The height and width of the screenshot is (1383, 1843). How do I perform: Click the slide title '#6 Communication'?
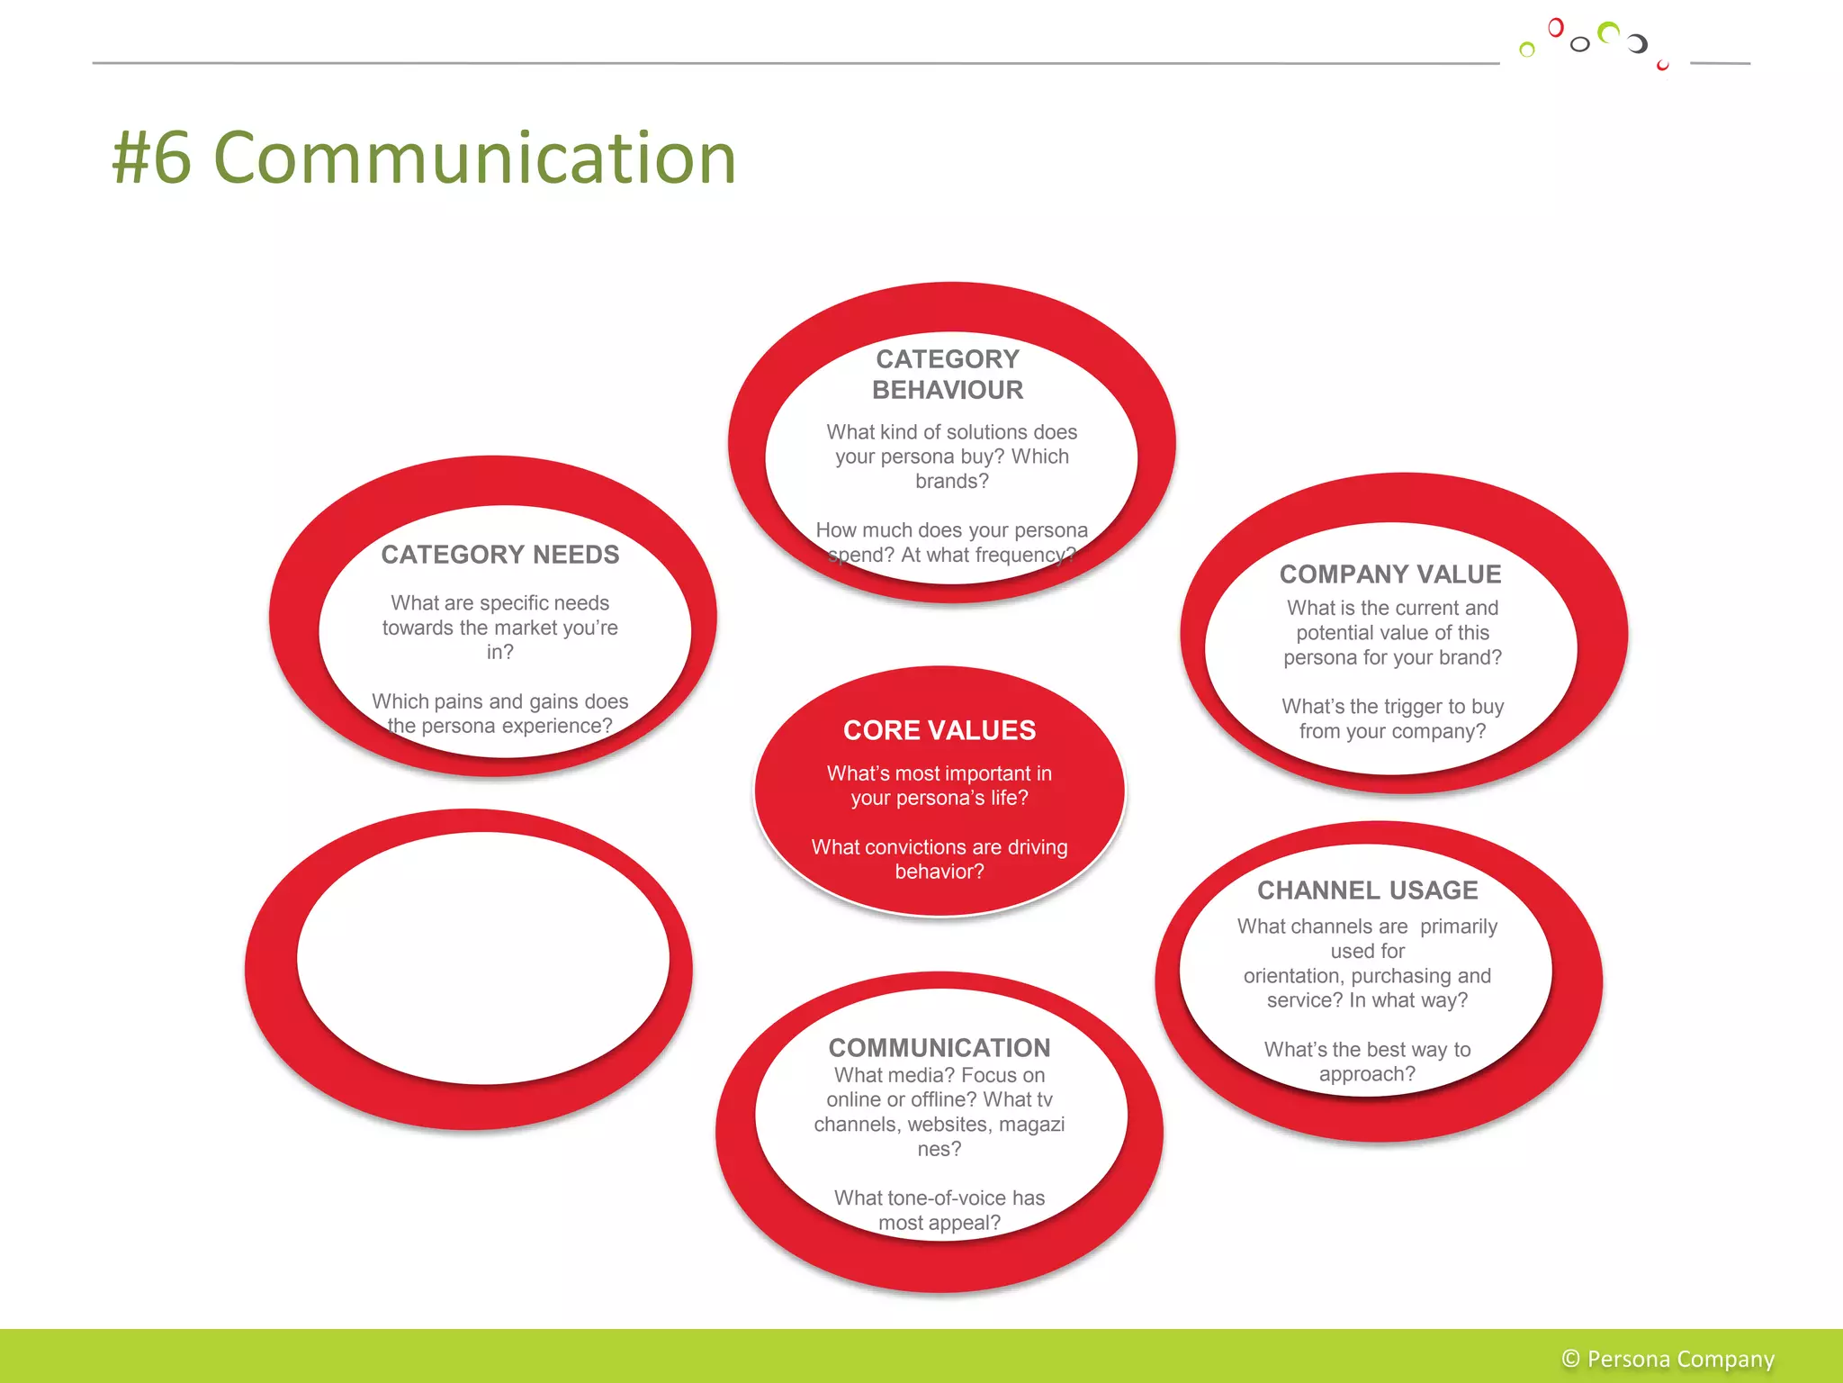pyautogui.click(x=424, y=158)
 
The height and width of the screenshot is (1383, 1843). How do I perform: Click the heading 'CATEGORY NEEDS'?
pyautogui.click(x=499, y=555)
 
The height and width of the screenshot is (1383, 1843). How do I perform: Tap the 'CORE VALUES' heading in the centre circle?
pyautogui.click(x=939, y=730)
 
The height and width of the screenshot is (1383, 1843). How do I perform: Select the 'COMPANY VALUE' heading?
pyautogui.click(x=1390, y=574)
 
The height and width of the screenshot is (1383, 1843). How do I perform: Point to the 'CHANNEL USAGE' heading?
pyautogui.click(x=1367, y=890)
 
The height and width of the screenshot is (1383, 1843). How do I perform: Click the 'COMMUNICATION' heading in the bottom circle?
pyautogui.click(x=939, y=1047)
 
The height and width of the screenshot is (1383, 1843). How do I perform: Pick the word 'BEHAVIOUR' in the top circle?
pyautogui.click(x=948, y=390)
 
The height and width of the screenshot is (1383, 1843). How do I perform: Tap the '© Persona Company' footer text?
pyautogui.click(x=1668, y=1359)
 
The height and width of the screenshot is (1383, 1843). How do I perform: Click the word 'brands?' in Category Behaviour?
pyautogui.click(x=951, y=482)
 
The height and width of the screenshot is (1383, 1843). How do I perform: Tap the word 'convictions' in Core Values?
pyautogui.click(x=916, y=847)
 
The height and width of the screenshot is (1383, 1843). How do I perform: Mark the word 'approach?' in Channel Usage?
pyautogui.click(x=1367, y=1074)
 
